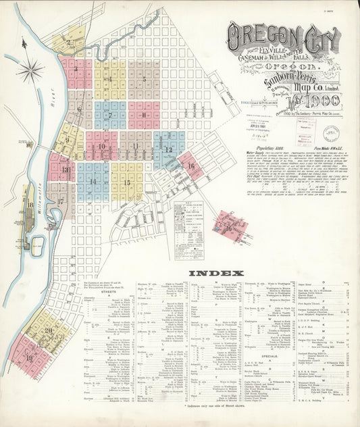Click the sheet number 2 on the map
(x=69, y=42)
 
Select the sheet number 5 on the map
(x=145, y=80)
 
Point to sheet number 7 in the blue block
(x=109, y=115)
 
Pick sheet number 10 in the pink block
(x=101, y=146)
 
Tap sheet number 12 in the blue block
(x=168, y=149)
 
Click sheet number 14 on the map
(x=93, y=182)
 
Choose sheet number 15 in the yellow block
(x=126, y=182)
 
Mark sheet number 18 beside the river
(x=30, y=204)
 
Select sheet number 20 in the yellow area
(x=48, y=330)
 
